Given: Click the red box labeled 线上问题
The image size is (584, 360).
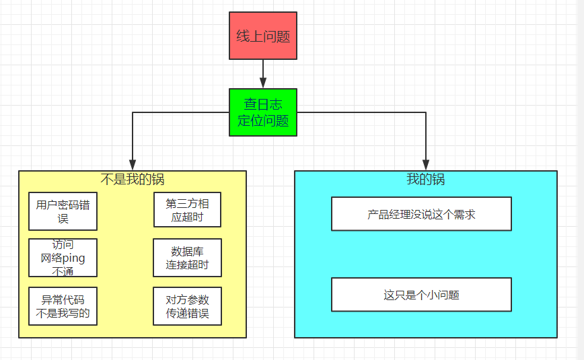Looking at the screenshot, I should tap(262, 36).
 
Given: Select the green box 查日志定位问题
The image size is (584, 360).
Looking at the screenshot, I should tap(262, 112).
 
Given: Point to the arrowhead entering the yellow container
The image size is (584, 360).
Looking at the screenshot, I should tap(133, 165).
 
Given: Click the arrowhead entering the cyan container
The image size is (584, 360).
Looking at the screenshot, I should tap(426, 165).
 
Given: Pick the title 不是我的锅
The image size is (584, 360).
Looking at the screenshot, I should tap(132, 179).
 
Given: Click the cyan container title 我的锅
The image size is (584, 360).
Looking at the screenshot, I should tap(425, 179).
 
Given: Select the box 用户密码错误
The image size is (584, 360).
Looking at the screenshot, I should tap(63, 211).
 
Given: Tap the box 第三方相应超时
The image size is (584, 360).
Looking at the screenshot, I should tap(186, 210).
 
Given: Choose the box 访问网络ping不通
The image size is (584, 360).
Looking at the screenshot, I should tap(63, 258).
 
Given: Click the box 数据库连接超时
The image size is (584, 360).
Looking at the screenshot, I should tap(186, 258).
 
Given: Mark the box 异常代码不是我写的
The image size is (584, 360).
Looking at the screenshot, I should tap(63, 306).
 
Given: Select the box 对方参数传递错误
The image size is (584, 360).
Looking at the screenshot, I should tap(186, 306).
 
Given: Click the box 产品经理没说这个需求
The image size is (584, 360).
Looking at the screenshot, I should tap(421, 214).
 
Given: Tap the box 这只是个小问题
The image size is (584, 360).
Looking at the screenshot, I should tap(421, 295).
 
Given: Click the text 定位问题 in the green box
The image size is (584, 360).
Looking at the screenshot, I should tap(262, 121).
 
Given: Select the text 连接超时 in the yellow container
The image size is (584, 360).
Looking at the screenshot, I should tap(187, 264).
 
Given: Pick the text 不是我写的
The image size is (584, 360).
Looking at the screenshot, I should tap(63, 313).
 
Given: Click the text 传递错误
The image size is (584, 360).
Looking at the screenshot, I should tap(187, 314).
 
